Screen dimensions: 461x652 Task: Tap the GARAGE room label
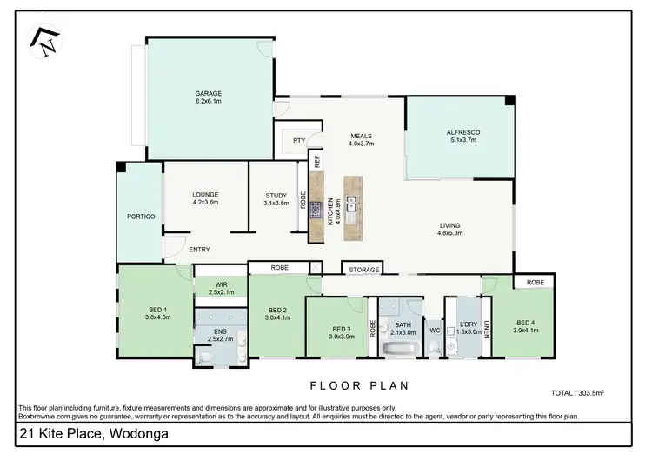[x=208, y=93]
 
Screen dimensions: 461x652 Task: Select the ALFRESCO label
[x=463, y=132]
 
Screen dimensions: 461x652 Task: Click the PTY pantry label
[x=298, y=140]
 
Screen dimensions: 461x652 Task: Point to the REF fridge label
[x=317, y=160]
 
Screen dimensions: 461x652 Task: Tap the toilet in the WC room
[x=435, y=349]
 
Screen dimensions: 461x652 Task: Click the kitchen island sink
[x=351, y=206]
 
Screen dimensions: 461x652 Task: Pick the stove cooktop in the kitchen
[x=316, y=209]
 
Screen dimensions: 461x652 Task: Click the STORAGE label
[x=363, y=270]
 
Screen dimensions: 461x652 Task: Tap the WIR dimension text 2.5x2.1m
[x=220, y=292]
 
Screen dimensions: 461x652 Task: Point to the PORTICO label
[x=140, y=216]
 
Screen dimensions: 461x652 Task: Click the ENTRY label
[x=199, y=250]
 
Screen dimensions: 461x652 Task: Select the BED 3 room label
[x=343, y=329]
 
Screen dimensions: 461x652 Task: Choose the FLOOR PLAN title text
[x=360, y=384]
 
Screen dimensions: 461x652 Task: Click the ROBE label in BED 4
[x=535, y=282]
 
